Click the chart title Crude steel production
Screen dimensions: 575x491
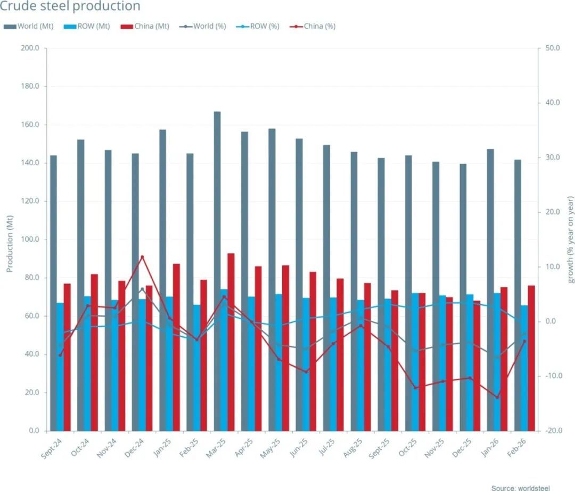[x=70, y=7]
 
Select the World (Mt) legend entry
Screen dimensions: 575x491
[x=30, y=26]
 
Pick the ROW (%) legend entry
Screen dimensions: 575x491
[x=255, y=26]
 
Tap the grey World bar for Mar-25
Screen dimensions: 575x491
[x=217, y=271]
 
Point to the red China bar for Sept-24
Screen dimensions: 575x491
[x=67, y=357]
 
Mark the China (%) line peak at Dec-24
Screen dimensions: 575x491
[x=142, y=257]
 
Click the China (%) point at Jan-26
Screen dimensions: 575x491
[x=498, y=397]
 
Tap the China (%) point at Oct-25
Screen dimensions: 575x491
[x=415, y=388]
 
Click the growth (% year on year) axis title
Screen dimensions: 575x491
[x=571, y=239]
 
